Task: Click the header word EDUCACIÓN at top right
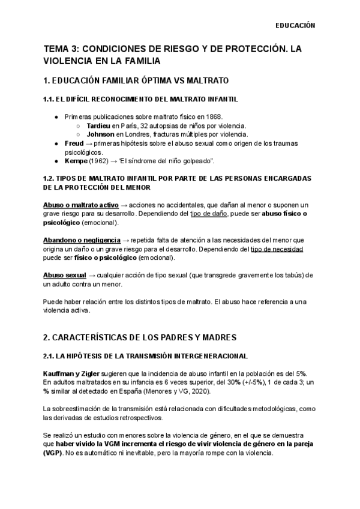coord(295,26)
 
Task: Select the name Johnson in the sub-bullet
coord(100,134)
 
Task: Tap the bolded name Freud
coord(74,144)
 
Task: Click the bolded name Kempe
coord(76,162)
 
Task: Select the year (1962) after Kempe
coord(101,162)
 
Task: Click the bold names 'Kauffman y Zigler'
coord(73,373)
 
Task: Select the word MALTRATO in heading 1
coord(203,80)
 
